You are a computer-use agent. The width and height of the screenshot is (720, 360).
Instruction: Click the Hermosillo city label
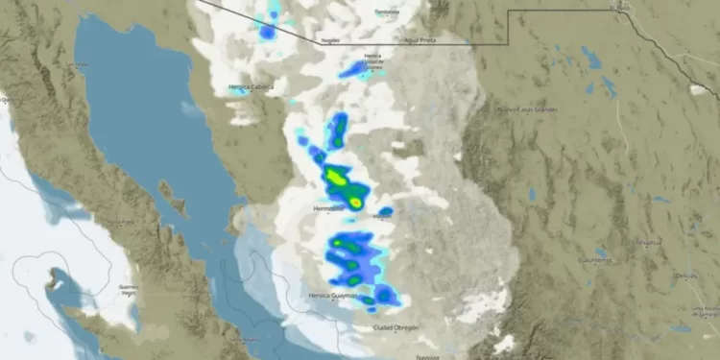click(328, 207)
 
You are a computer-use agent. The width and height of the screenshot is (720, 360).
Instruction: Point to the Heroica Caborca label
click(251, 86)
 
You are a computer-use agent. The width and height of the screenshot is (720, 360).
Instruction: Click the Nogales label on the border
click(331, 41)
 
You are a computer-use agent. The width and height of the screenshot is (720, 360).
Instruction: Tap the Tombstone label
click(386, 12)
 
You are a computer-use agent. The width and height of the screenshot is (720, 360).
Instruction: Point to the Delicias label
click(685, 275)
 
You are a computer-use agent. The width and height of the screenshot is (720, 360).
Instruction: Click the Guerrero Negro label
click(127, 289)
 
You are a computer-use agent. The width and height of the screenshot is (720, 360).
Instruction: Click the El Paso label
click(622, 8)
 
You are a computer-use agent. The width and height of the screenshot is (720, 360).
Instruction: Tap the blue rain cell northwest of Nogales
click(268, 32)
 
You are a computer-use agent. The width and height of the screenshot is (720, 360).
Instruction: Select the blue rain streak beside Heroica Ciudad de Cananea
click(355, 69)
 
